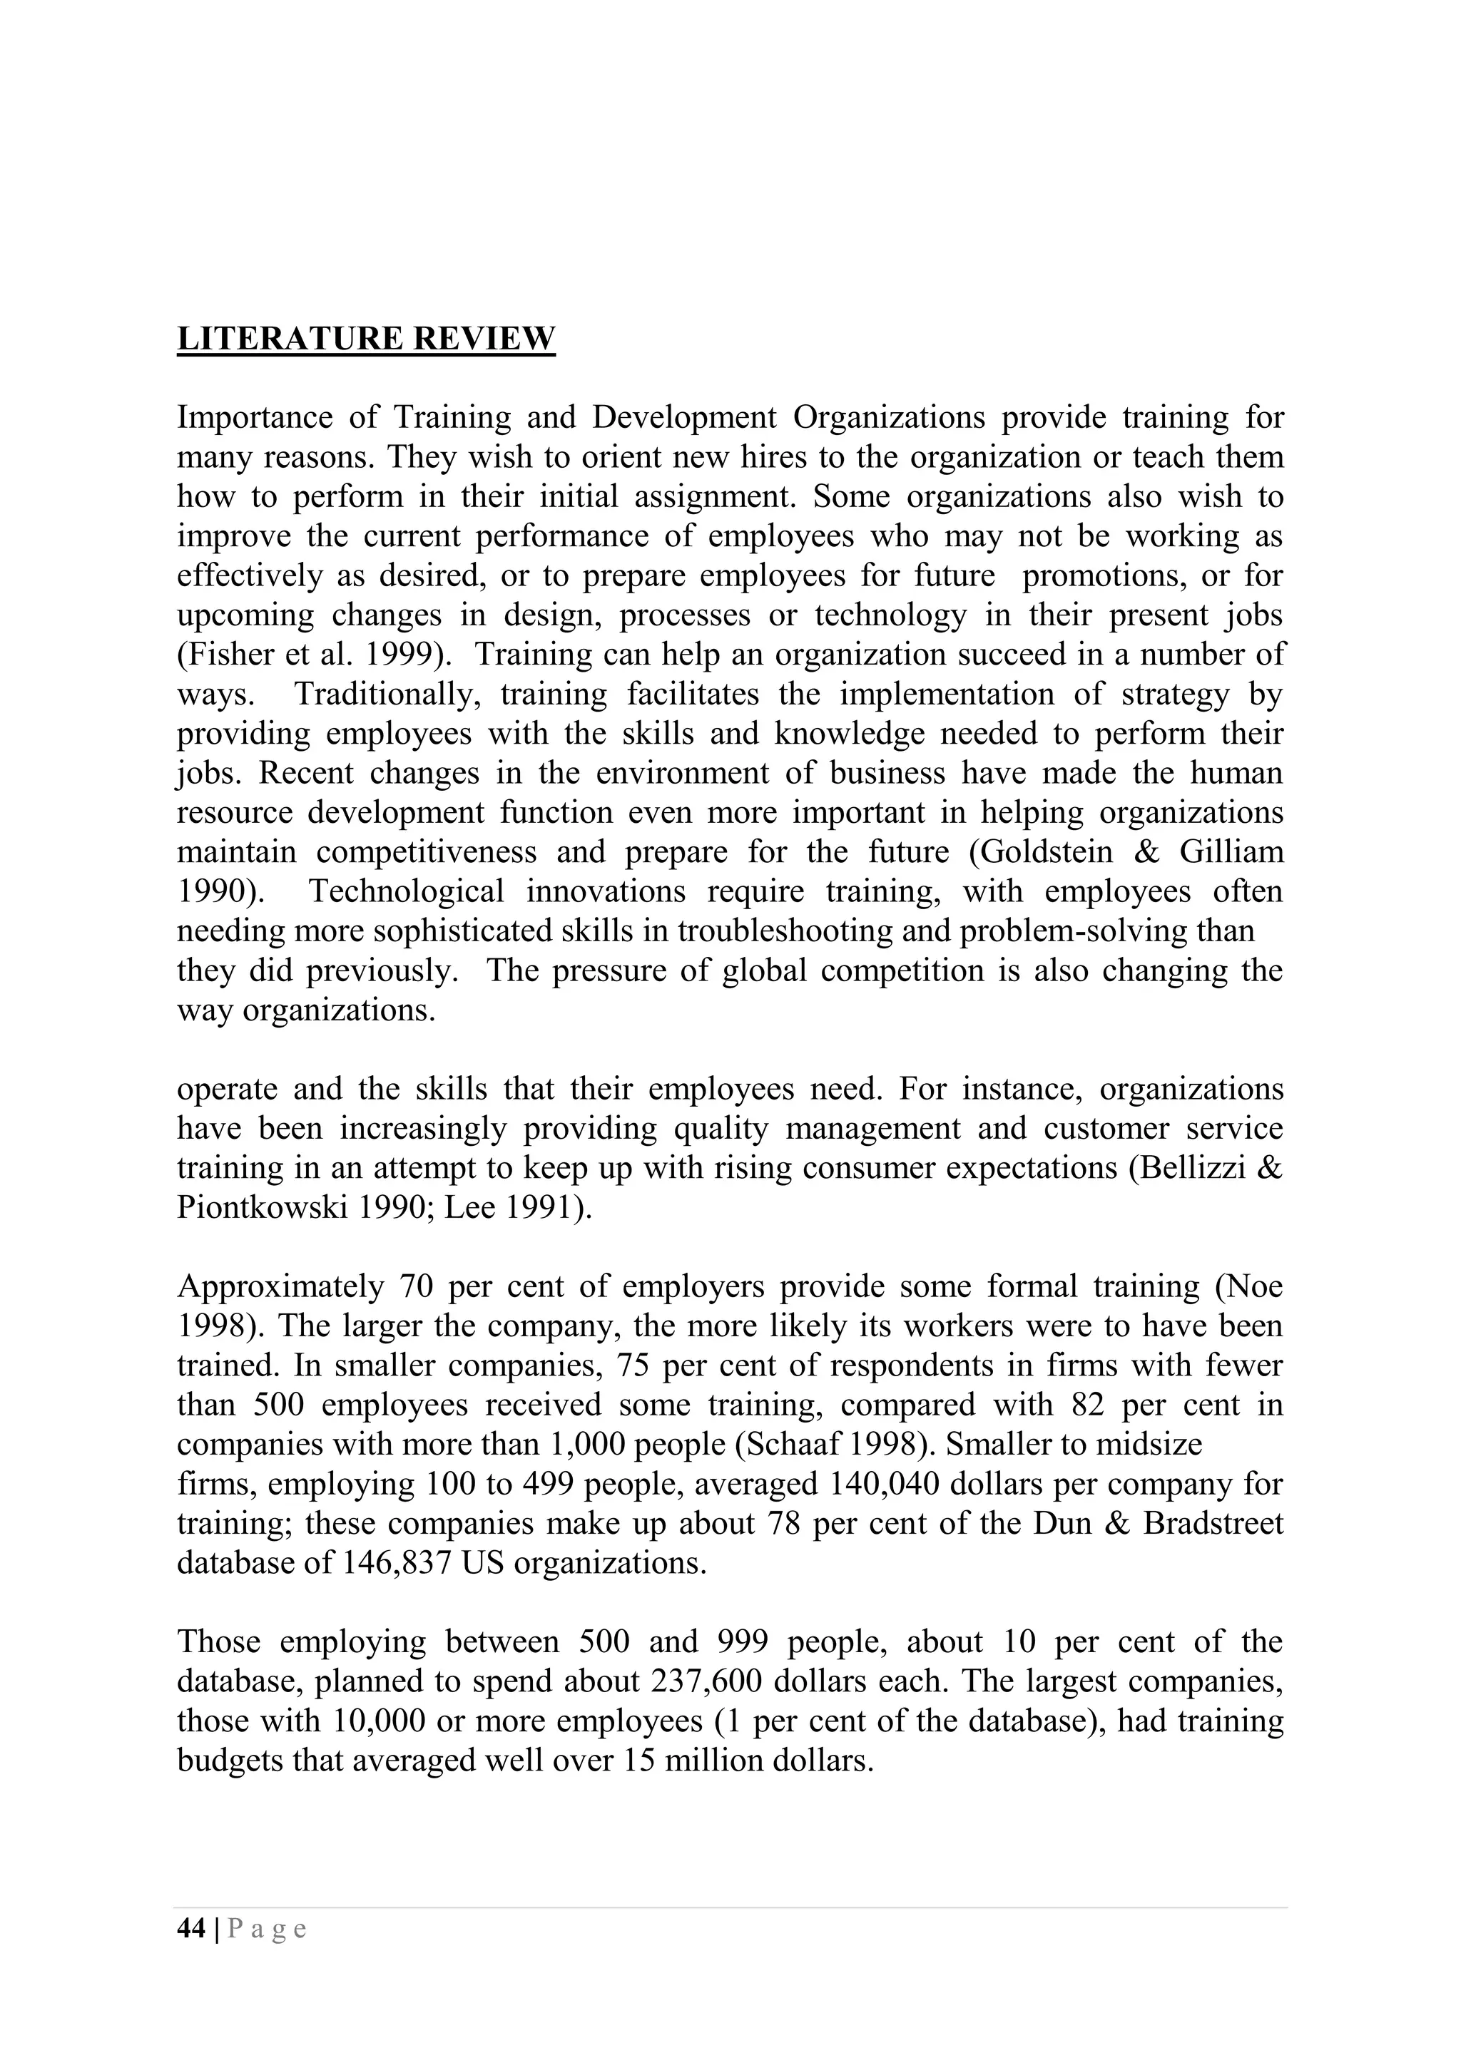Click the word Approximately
(x=280, y=1286)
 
